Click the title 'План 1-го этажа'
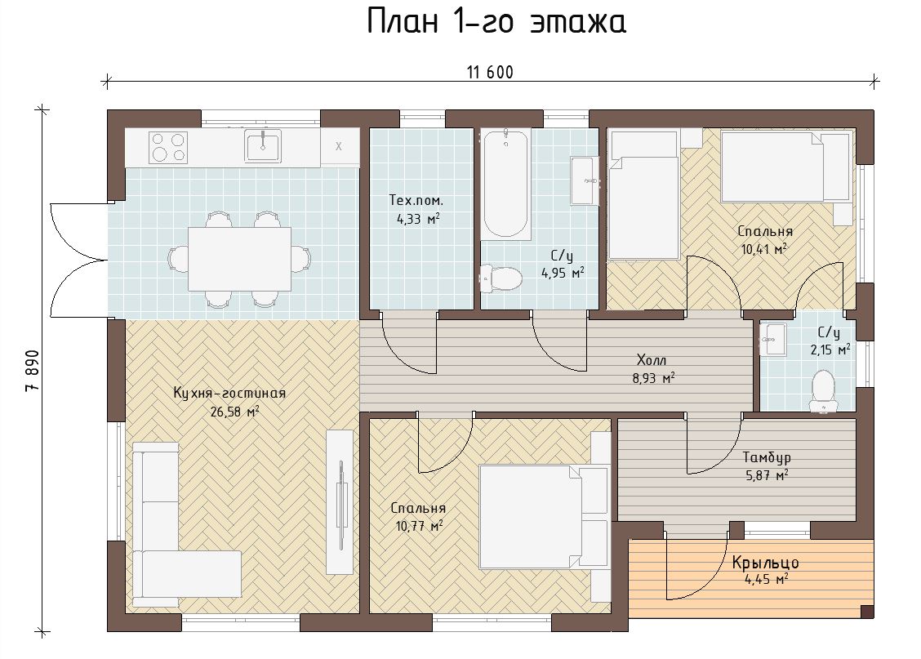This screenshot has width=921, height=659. (496, 22)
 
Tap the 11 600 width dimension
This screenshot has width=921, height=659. (490, 72)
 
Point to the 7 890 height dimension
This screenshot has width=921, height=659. (33, 371)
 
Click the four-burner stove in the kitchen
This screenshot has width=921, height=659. (168, 148)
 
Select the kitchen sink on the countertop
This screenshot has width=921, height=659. (263, 145)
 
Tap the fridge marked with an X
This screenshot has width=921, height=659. (339, 147)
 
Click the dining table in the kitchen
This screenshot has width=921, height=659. (240, 259)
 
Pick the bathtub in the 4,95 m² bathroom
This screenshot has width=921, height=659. (505, 185)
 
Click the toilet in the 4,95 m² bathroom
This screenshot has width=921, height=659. (501, 278)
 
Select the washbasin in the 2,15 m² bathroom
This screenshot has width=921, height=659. (773, 339)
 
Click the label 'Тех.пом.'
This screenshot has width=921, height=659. (416, 200)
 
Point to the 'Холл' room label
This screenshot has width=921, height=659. (652, 360)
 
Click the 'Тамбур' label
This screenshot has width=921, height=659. (767, 457)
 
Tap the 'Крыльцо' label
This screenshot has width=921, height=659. (765, 563)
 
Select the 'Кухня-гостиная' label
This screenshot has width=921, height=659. (229, 393)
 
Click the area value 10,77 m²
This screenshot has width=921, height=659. (419, 526)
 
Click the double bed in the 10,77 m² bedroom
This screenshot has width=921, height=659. (543, 517)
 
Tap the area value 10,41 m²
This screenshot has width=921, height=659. (763, 249)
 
